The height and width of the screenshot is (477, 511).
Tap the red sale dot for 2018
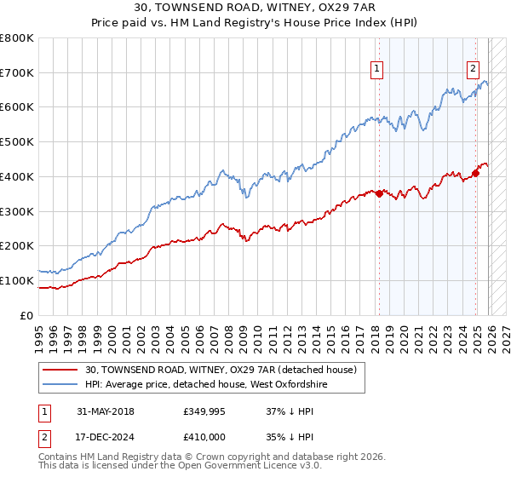tap(379, 193)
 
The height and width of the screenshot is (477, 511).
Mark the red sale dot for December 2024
tap(476, 173)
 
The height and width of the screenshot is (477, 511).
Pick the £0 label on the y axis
tap(27, 315)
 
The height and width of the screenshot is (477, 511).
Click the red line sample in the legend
tap(60, 370)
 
